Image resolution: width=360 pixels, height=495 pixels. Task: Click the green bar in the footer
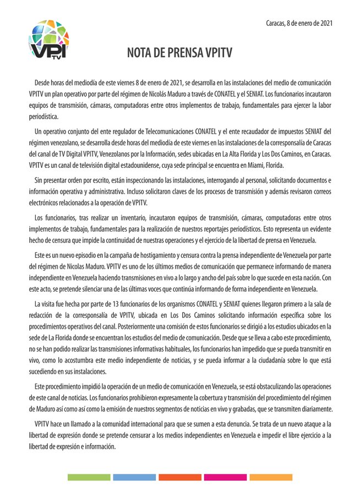point(88,477)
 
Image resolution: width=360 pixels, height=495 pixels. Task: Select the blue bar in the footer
point(134,477)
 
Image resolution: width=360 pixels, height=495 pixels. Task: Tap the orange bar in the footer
point(180,477)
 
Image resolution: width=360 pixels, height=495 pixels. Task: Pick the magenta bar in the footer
point(226,477)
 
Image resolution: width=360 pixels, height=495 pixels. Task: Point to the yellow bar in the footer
point(271,477)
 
